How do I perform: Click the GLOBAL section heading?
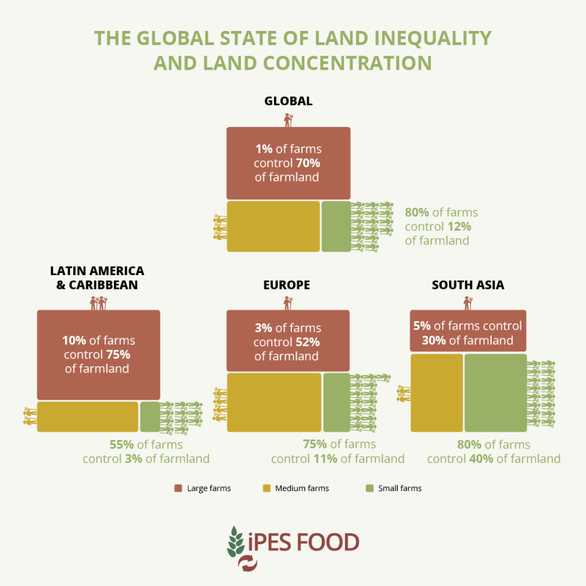pos(288,101)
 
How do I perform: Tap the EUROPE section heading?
pos(287,284)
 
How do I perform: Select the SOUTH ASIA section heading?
pos(468,284)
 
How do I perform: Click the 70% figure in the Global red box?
pos(308,163)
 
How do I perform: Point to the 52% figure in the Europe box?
pos(308,342)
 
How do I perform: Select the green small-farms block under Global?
pos(336,226)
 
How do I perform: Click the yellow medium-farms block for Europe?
pos(274,402)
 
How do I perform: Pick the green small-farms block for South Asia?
pos(495,393)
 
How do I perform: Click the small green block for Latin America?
pos(150,417)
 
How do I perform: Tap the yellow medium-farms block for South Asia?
pos(437,393)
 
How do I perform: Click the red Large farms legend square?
pos(178,488)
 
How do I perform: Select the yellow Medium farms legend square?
pos(266,488)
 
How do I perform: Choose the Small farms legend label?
pos(399,488)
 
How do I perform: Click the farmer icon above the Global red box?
pos(288,120)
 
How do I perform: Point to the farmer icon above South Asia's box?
pos(468,303)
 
